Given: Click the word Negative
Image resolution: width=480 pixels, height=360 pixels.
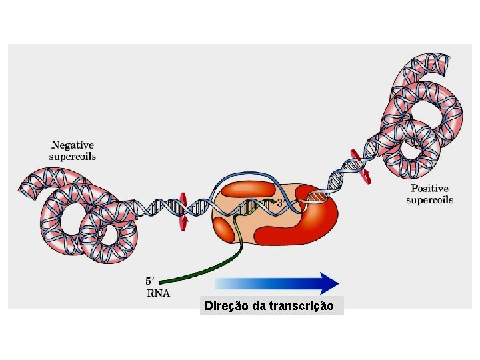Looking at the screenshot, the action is coord(73,145).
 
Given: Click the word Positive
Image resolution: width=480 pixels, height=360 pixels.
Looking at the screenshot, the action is coord(429,189).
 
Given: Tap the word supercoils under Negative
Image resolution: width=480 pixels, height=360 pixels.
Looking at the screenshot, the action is coord(73,157).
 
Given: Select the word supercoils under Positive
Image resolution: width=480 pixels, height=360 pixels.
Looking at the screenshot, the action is coord(429,200).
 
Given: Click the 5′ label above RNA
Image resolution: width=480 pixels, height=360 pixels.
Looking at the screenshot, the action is coord(152,281).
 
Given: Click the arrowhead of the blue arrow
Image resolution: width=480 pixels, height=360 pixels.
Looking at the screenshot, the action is coord(330,283).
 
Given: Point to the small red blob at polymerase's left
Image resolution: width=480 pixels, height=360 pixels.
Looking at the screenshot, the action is coord(223,230).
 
